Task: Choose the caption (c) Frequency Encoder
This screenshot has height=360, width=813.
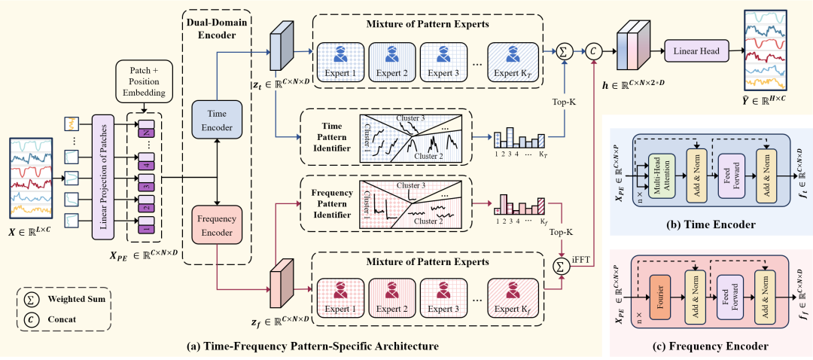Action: pyautogui.click(x=710, y=347)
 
